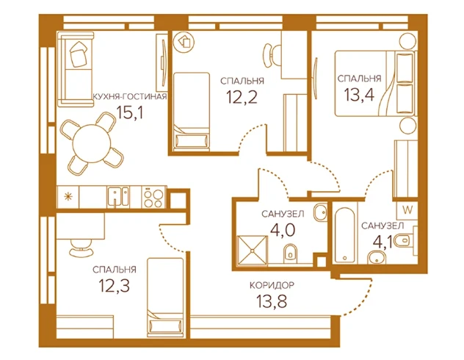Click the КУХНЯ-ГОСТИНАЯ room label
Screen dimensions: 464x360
tap(130, 96)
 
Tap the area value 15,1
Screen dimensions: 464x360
tap(130, 112)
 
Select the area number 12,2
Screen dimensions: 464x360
tap(242, 97)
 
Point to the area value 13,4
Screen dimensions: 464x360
tap(359, 95)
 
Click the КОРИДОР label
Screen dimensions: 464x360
tap(272, 285)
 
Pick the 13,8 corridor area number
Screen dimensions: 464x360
tap(272, 301)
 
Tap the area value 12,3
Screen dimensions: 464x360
tap(115, 285)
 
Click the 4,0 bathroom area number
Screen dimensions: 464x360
tap(283, 229)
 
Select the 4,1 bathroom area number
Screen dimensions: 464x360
tap(383, 242)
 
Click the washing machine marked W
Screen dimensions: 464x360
tap(407, 210)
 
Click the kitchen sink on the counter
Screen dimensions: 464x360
tap(118, 196)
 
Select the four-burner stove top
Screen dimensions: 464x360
tap(153, 197)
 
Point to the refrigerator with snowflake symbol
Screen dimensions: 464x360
tap(68, 197)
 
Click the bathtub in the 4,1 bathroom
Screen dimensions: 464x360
tap(345, 235)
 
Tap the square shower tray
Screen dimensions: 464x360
tap(253, 251)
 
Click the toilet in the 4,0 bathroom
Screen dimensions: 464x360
tap(290, 253)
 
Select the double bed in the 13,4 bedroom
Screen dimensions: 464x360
tap(376, 84)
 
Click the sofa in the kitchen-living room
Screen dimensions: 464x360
tap(76, 69)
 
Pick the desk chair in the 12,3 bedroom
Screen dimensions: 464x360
tap(81, 248)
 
